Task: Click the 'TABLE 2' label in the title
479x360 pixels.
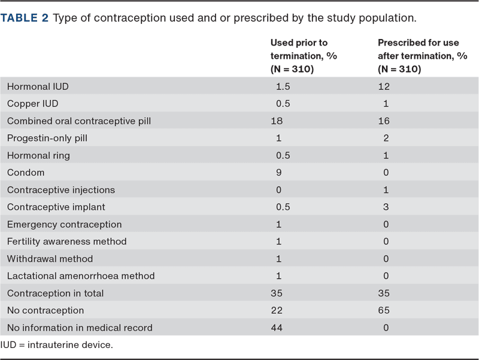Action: point(25,18)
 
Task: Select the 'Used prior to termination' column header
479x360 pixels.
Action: point(304,56)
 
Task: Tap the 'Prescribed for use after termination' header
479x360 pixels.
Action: point(423,56)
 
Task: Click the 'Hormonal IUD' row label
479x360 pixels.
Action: point(38,86)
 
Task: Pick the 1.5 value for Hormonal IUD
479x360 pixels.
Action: point(283,86)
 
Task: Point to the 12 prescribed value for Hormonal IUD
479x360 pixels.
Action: point(384,86)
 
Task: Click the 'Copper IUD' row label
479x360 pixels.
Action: point(32,104)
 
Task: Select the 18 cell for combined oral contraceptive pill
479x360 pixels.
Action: point(277,121)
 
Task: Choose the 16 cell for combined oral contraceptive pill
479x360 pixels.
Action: point(384,121)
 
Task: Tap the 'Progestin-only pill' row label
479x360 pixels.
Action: point(47,138)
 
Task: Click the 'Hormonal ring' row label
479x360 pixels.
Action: point(38,156)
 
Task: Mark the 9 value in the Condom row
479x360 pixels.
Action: point(278,173)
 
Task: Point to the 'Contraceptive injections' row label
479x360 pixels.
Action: point(61,190)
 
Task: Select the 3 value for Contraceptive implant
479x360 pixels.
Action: point(386,207)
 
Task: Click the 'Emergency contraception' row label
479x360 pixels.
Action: point(64,225)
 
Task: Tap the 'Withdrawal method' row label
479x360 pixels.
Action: point(50,259)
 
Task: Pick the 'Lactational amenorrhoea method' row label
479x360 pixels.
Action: point(81,276)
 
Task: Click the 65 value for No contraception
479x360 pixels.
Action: point(384,310)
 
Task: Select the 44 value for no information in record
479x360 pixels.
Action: point(277,328)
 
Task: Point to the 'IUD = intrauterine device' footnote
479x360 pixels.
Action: point(56,344)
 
